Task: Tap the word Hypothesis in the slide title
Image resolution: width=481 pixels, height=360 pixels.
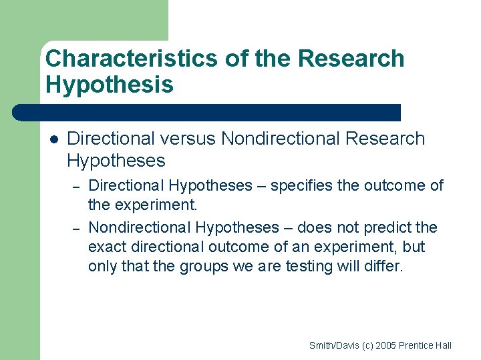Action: coord(109,85)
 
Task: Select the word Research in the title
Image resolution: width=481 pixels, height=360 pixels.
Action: coord(351,59)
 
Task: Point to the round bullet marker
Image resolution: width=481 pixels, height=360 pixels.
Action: coord(54,139)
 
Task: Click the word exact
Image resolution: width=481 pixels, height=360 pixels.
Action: coord(108,247)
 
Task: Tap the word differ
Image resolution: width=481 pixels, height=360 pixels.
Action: coord(385,266)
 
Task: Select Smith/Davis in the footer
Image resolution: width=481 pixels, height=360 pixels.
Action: coord(333,345)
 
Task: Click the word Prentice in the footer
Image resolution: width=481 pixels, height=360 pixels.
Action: coord(419,345)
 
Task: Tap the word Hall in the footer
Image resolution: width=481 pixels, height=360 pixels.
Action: coord(444,345)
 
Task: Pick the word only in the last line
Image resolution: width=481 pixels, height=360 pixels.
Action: coord(102,266)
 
